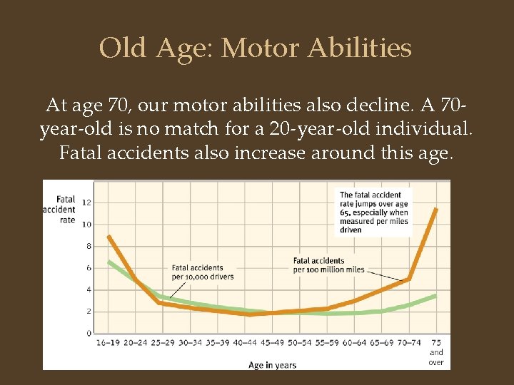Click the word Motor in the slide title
[261, 48]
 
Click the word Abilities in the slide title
[360, 48]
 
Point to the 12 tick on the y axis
[87, 202]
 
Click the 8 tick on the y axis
[89, 246]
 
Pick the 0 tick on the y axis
[89, 333]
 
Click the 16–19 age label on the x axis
[109, 343]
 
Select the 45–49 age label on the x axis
[272, 343]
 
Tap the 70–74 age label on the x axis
[408, 343]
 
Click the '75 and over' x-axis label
[436, 352]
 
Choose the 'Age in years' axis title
[272, 365]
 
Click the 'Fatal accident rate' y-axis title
[60, 210]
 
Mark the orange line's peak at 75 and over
[436, 208]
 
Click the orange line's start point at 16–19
[109, 236]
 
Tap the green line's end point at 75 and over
[436, 294]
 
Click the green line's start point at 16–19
[109, 262]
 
